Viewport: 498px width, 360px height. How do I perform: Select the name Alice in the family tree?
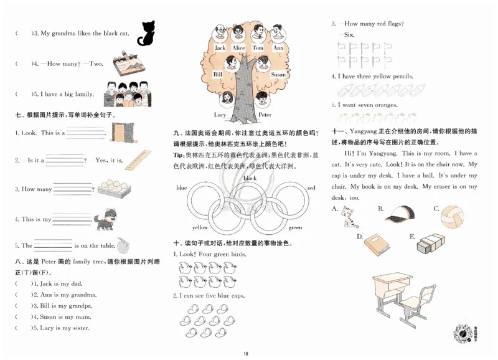coord(238,48)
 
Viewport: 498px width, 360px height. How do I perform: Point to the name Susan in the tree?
coord(278,75)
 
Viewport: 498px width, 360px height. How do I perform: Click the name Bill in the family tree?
coord(218,74)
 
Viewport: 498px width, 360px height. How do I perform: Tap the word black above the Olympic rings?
coord(250,178)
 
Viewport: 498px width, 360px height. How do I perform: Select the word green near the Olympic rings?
coord(294,228)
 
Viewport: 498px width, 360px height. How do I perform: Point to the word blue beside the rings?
coord(182,187)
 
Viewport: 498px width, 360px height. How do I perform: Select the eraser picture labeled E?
coord(429,244)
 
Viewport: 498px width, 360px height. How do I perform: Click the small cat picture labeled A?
coord(345,217)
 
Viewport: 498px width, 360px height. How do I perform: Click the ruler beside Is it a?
coord(138,158)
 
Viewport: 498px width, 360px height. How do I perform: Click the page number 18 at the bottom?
coord(247,354)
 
